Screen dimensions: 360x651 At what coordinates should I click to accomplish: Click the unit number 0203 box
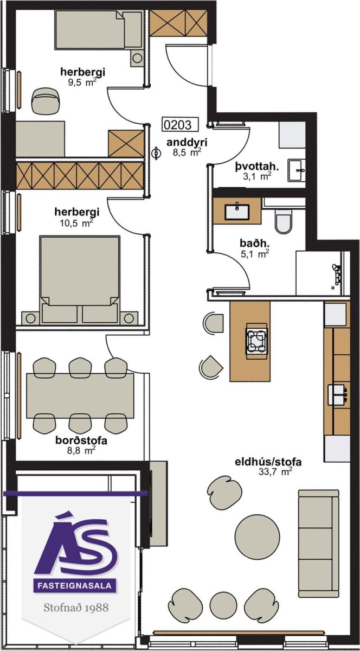[180, 124]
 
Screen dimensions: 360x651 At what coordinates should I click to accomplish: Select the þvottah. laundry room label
[257, 167]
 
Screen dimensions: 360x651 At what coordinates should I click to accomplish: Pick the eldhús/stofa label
[268, 462]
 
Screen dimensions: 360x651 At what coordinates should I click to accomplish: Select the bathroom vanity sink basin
[237, 211]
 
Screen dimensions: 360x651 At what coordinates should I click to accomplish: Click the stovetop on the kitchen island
[256, 339]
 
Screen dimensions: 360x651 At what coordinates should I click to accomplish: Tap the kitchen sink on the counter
[337, 395]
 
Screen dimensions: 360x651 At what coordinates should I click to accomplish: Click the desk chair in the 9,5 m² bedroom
[45, 101]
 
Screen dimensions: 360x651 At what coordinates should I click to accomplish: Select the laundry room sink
[297, 170]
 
